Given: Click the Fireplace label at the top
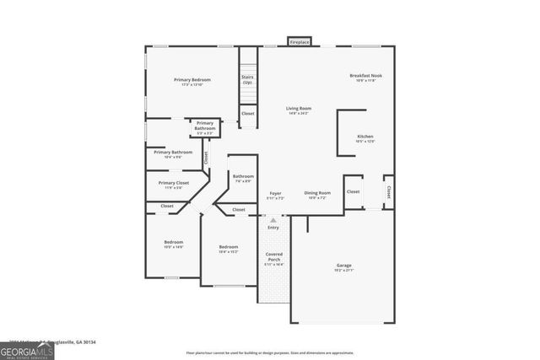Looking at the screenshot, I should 300,41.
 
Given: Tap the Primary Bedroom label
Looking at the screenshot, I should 192,80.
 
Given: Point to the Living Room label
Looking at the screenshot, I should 299,108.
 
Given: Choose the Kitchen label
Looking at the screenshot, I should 365,137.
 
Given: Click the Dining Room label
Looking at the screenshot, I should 317,192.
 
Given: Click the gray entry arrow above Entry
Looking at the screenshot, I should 273,219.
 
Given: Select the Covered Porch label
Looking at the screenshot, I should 273,256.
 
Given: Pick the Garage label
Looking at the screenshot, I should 343,266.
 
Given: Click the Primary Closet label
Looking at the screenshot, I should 173,183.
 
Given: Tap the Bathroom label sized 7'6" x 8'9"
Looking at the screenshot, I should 243,176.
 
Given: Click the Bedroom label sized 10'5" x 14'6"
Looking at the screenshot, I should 173,243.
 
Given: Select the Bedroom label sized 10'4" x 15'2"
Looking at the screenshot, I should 229,247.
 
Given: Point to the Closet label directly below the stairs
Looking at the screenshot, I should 247,113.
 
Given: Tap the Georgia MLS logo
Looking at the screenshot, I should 27,347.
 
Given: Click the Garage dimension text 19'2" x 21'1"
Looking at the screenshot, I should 343,271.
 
